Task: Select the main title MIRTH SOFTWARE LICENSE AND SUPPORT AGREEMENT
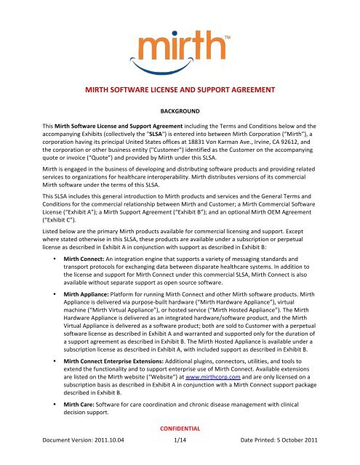(x=180, y=110)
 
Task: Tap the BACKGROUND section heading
(x=180, y=136)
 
